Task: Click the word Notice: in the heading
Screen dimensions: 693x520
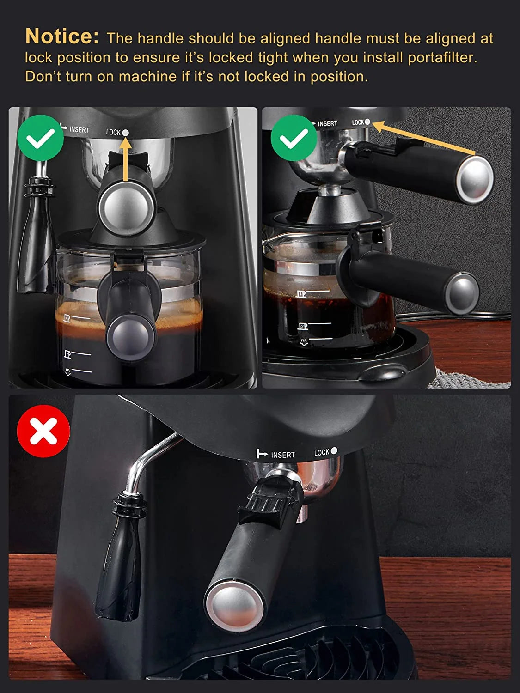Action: [x=62, y=36]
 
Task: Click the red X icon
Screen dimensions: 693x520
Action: [x=43, y=431]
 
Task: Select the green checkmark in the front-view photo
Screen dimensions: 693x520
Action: [x=41, y=138]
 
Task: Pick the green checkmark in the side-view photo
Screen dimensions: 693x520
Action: [x=294, y=138]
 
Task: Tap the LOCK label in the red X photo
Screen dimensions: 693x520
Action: [x=322, y=453]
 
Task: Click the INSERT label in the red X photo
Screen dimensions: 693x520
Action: [x=282, y=455]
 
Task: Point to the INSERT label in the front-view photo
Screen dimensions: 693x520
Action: [x=79, y=130]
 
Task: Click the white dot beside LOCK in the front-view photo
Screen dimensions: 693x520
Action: [x=125, y=133]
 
